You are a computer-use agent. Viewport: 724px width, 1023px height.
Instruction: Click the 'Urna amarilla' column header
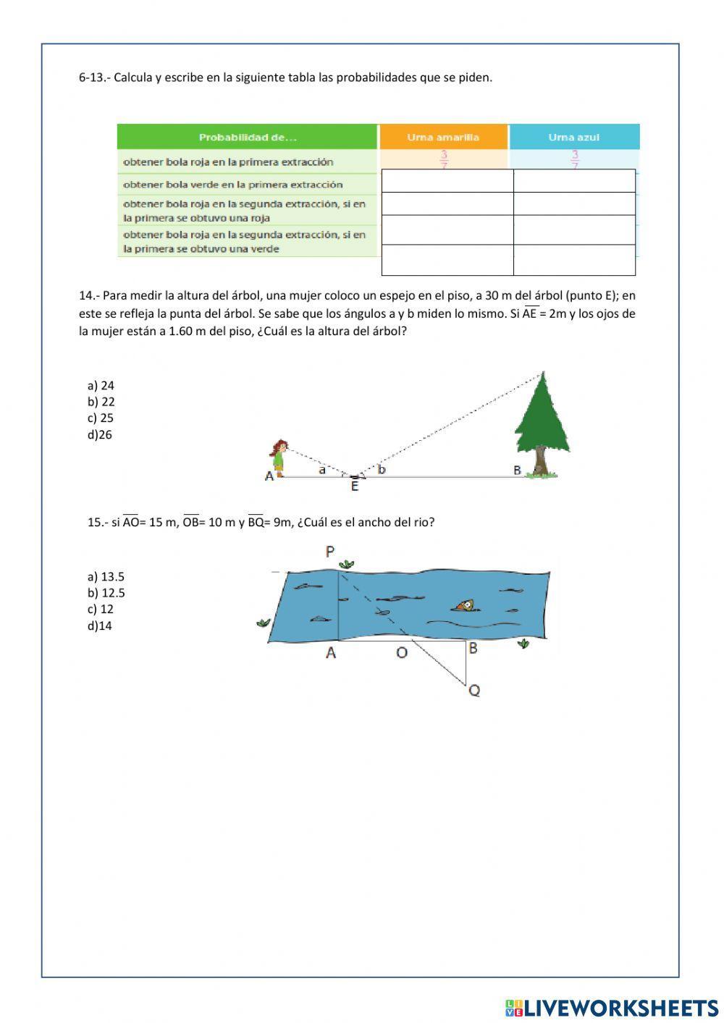click(x=442, y=137)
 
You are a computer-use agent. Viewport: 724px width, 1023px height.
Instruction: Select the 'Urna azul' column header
click(x=573, y=137)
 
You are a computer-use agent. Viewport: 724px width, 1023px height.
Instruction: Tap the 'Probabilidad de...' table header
click(x=248, y=137)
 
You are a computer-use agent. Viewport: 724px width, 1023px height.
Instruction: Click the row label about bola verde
click(x=232, y=184)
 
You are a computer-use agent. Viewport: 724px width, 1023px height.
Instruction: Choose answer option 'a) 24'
click(x=101, y=385)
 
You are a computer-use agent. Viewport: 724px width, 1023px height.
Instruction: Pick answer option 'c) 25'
click(x=101, y=418)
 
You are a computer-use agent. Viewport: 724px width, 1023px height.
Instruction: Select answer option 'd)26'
click(x=100, y=434)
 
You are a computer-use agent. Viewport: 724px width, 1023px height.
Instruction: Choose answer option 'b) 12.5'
click(x=106, y=592)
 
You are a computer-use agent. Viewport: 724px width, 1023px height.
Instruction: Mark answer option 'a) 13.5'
click(x=106, y=576)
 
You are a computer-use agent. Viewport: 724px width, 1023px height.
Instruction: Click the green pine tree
click(x=542, y=424)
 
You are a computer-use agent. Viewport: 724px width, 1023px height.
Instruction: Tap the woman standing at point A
click(x=278, y=456)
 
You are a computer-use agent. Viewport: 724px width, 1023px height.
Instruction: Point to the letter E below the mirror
click(x=354, y=487)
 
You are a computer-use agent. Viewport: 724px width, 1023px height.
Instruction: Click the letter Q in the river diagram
click(x=474, y=691)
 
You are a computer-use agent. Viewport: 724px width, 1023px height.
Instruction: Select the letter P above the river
click(x=330, y=552)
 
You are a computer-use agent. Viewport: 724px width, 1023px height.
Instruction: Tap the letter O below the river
click(x=402, y=652)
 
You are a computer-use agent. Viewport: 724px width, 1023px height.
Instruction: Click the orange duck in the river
click(x=465, y=605)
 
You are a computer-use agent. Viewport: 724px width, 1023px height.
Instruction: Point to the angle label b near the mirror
click(x=382, y=470)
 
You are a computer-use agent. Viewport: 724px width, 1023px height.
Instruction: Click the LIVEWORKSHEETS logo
click(x=611, y=1007)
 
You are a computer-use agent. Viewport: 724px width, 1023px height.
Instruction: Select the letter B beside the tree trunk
click(x=517, y=471)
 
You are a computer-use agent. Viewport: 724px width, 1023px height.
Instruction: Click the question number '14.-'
click(x=89, y=295)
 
